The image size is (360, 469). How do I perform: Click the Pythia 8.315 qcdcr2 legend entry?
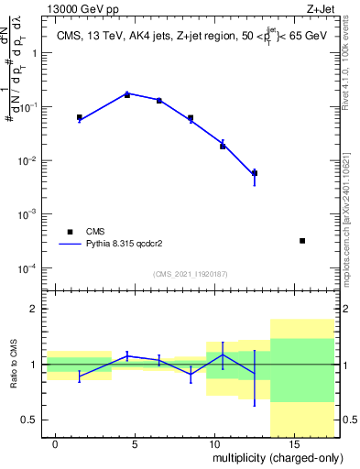pyautogui.click(x=137, y=245)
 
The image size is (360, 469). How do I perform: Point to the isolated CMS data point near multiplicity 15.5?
pyautogui.click(x=302, y=241)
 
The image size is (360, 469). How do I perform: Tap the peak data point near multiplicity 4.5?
pyautogui.click(x=127, y=94)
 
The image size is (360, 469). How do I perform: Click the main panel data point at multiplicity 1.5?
pyautogui.click(x=80, y=117)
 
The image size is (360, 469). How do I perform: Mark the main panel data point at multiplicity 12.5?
pyautogui.click(x=255, y=172)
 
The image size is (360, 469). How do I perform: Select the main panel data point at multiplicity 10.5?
pyautogui.click(x=223, y=146)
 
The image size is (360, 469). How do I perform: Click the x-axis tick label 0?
pyautogui.click(x=56, y=444)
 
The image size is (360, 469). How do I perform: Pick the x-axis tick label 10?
pyautogui.click(x=214, y=444)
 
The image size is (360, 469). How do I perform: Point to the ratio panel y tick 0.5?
pyautogui.click(x=31, y=420)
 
